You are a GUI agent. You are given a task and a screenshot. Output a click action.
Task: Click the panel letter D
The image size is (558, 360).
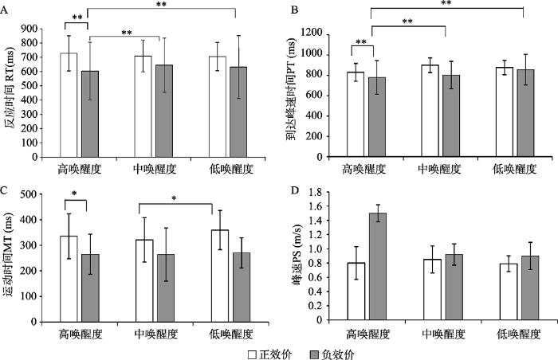[296, 191]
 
